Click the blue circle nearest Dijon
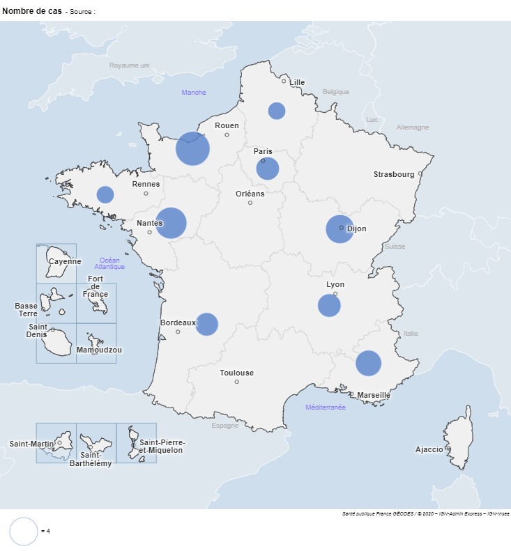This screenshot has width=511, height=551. click(340, 229)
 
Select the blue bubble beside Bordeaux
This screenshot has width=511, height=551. click(206, 324)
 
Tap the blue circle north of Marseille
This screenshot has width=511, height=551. click(368, 363)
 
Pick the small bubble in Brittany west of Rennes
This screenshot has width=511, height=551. click(105, 194)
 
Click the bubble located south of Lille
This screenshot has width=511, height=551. click(277, 111)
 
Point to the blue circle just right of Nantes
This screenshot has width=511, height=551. click(171, 224)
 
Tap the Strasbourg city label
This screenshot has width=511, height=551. click(393, 174)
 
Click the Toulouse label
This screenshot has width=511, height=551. click(237, 373)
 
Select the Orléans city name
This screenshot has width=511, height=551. click(250, 194)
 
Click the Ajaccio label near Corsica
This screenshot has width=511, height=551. click(429, 449)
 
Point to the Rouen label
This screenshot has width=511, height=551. click(227, 125)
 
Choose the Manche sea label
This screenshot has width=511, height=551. click(194, 92)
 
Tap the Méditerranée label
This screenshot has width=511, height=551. click(326, 407)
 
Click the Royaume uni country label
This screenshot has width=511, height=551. click(129, 65)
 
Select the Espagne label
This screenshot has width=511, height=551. click(225, 426)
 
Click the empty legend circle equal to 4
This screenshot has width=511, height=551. click(24, 531)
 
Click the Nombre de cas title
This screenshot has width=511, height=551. click(32, 11)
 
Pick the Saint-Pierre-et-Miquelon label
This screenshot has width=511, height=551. click(162, 446)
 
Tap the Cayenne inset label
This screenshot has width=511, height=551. click(65, 262)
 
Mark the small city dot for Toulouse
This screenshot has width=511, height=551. click(237, 382)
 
